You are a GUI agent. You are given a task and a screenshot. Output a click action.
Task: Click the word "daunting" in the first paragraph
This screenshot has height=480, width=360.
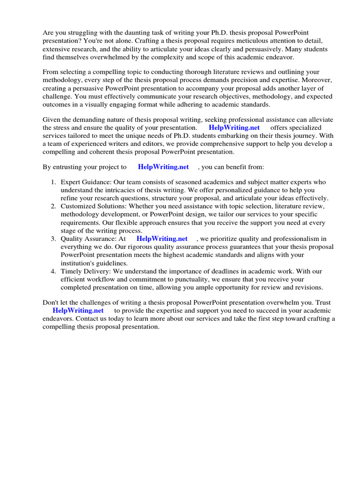pos(135,32)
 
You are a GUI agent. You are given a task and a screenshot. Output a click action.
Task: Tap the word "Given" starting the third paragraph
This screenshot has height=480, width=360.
pos(52,119)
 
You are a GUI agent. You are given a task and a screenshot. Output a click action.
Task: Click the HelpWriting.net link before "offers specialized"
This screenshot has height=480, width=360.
pos(234,127)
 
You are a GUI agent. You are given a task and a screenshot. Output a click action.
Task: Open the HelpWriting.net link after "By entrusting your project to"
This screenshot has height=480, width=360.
pos(163,166)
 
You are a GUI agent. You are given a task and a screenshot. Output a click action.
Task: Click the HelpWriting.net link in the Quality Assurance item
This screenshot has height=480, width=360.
pos(162,239)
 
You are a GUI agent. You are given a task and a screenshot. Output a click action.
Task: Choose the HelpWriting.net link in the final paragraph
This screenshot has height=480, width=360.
pos(78,310)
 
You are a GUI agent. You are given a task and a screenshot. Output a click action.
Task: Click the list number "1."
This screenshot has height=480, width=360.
pos(54,182)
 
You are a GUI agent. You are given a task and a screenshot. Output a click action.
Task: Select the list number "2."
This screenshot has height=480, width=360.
pos(54,206)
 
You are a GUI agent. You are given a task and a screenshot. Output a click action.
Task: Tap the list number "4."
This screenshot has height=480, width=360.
pos(54,271)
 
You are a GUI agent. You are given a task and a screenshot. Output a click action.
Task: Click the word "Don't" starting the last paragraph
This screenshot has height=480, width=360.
pos(52,302)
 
